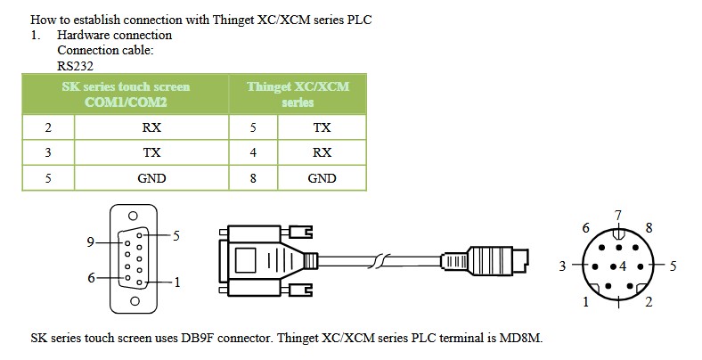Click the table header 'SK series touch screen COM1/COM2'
[x=126, y=94]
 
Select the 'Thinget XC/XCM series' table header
[x=298, y=94]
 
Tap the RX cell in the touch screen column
[x=151, y=127]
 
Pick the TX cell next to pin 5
[x=322, y=127]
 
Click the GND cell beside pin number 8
[x=322, y=178]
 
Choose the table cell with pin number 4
[x=253, y=152]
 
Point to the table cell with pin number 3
[x=48, y=152]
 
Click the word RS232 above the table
[x=75, y=66]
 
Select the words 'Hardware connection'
[x=115, y=35]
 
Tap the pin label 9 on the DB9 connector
[x=91, y=242]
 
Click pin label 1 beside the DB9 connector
[x=177, y=282]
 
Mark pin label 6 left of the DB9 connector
[x=92, y=278]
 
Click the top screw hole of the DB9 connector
[x=133, y=216]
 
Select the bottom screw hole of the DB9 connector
[x=135, y=301]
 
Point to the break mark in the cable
[x=379, y=261]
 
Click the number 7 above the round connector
[x=618, y=216]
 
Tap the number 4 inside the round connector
[x=623, y=266]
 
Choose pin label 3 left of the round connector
[x=563, y=266]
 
